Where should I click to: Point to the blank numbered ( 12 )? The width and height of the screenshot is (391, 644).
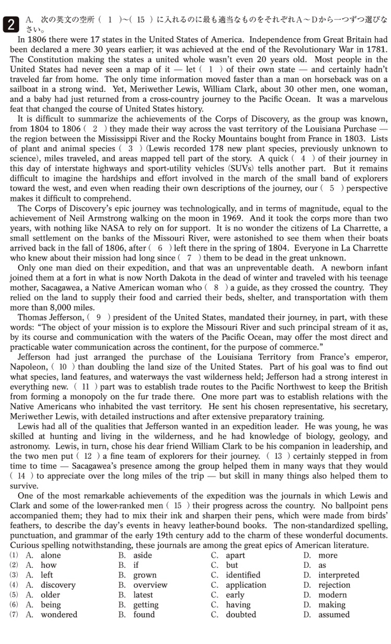click(x=93, y=456)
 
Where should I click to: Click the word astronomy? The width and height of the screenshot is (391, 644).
click(x=32, y=447)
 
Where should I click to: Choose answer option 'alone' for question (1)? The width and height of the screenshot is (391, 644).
click(x=51, y=555)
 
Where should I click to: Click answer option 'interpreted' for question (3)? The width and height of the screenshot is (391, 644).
click(x=339, y=575)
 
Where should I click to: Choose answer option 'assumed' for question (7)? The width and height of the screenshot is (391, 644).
click(x=334, y=614)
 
